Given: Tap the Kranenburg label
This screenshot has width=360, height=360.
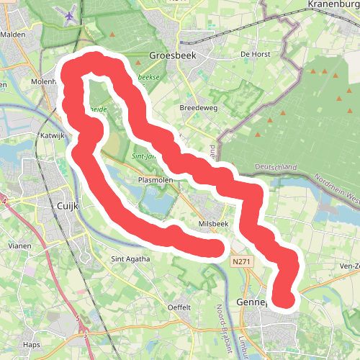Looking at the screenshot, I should (333, 4).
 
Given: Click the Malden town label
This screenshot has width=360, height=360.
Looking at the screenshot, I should (14, 34).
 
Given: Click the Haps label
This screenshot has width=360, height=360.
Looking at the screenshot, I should (31, 345).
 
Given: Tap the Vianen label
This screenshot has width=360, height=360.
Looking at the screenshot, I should (19, 246).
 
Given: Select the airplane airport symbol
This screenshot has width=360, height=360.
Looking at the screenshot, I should (70, 16).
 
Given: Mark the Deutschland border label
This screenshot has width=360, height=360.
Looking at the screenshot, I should (276, 167).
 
